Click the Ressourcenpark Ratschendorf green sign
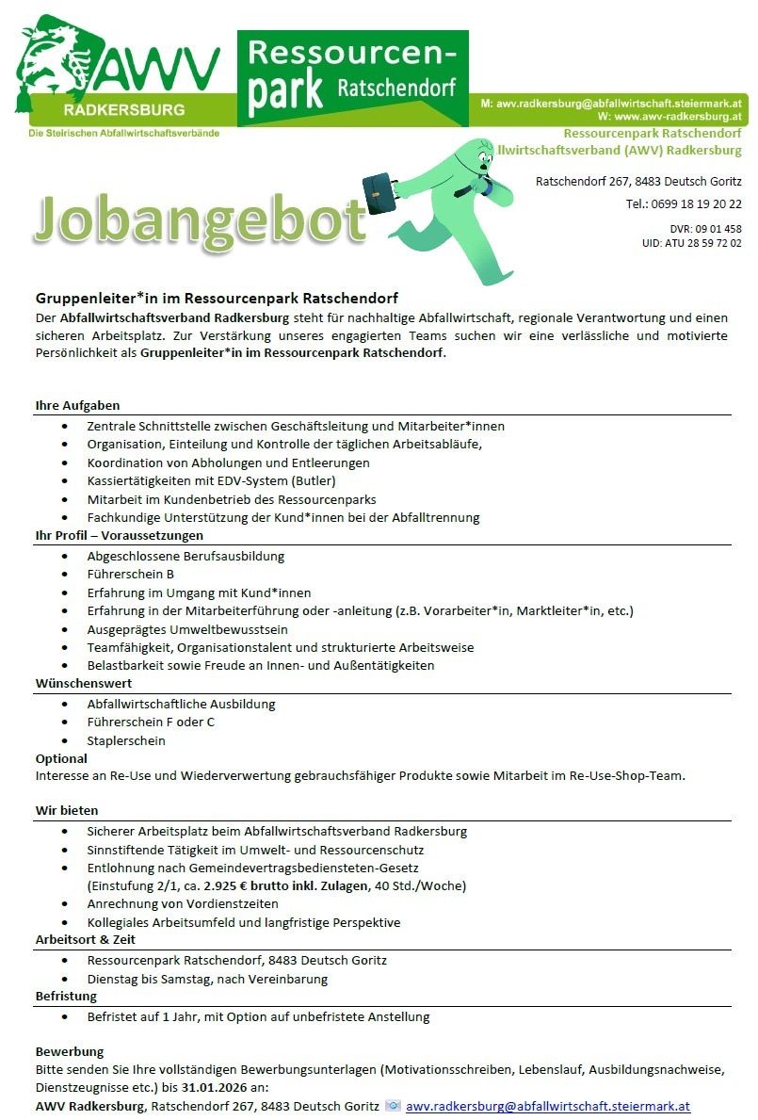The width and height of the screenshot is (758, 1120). [x=352, y=77]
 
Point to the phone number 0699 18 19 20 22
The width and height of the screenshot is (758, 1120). [x=696, y=203]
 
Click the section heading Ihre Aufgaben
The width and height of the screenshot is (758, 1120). [x=77, y=406]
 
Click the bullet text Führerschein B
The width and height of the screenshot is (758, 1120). [x=131, y=574]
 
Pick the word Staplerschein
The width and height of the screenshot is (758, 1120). [x=126, y=740]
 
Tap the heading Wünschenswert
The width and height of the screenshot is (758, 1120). [x=84, y=684]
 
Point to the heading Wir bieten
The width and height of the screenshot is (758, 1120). [x=67, y=810]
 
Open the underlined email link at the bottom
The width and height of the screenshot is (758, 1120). [x=548, y=1107]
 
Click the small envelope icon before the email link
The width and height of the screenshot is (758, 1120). [x=394, y=1106]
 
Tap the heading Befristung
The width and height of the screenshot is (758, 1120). [x=66, y=997]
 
